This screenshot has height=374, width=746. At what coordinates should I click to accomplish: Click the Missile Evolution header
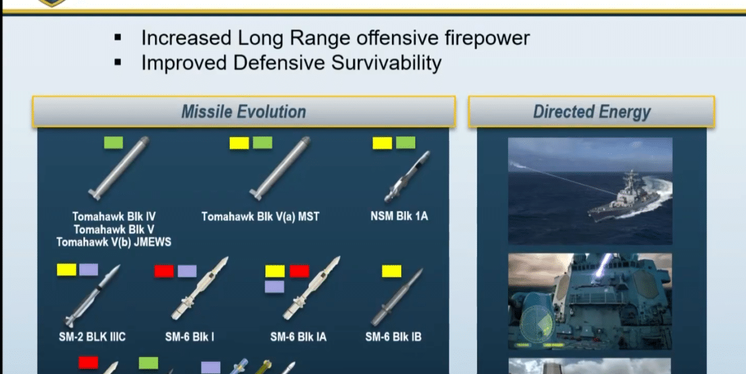pos(243,112)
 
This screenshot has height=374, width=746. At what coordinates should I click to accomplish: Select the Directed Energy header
pos(591,112)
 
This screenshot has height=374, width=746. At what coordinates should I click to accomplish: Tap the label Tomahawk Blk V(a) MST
pos(260,217)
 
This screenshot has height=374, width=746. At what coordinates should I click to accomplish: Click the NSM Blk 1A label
pos(399,217)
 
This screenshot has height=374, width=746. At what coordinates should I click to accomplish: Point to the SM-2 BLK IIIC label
pos(92,337)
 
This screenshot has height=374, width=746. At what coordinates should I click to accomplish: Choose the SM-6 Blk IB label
pos(393,337)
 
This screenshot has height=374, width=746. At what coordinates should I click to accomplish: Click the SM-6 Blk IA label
pos(298,337)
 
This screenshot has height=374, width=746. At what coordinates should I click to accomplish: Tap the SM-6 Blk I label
pos(190,337)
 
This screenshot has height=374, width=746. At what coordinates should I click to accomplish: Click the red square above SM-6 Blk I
pos(164,271)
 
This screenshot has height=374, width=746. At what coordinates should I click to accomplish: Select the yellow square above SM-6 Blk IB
pos(392,271)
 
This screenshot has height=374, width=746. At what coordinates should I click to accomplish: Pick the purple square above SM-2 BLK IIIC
pos(89,270)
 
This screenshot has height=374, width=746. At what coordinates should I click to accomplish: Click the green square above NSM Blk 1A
pos(405,143)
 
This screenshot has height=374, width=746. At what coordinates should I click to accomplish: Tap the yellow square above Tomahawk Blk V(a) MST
pos(239,143)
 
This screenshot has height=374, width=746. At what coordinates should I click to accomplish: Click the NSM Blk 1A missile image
pos(407,177)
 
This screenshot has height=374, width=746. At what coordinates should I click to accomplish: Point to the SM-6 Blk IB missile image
pos(397,297)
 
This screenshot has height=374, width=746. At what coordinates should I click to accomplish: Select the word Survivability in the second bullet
pos(386,63)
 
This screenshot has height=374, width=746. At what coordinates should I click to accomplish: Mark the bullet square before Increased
pos(118,37)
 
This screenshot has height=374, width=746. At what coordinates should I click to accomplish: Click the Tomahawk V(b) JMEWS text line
pos(114,242)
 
